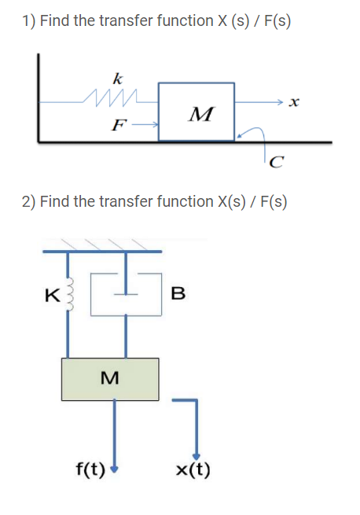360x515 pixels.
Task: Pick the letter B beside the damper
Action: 178,295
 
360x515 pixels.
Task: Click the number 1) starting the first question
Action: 28,21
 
